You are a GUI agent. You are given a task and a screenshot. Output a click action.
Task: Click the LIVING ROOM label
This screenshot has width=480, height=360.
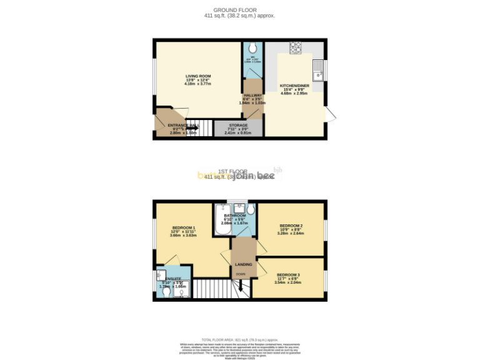click(x=198, y=76)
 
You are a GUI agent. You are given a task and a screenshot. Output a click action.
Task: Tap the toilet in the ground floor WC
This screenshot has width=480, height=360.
click(x=252, y=48)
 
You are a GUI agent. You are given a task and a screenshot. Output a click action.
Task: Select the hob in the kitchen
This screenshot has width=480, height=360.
click(x=295, y=48)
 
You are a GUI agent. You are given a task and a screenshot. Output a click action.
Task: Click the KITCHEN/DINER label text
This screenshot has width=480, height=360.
click(x=293, y=86)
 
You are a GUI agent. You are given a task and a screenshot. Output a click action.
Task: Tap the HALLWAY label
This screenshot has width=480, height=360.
click(x=252, y=95)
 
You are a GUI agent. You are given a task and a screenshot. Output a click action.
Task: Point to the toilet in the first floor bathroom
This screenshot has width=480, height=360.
click(x=251, y=209)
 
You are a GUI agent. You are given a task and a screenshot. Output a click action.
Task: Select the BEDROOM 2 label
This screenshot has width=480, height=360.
click(x=291, y=226)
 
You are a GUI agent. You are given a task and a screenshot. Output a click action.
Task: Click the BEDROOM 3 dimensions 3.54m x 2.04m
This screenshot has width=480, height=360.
click(x=287, y=282)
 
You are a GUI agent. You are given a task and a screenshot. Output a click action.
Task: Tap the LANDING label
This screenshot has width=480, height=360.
click(x=244, y=264)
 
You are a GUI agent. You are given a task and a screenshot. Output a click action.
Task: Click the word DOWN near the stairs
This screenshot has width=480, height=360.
click(x=241, y=274)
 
